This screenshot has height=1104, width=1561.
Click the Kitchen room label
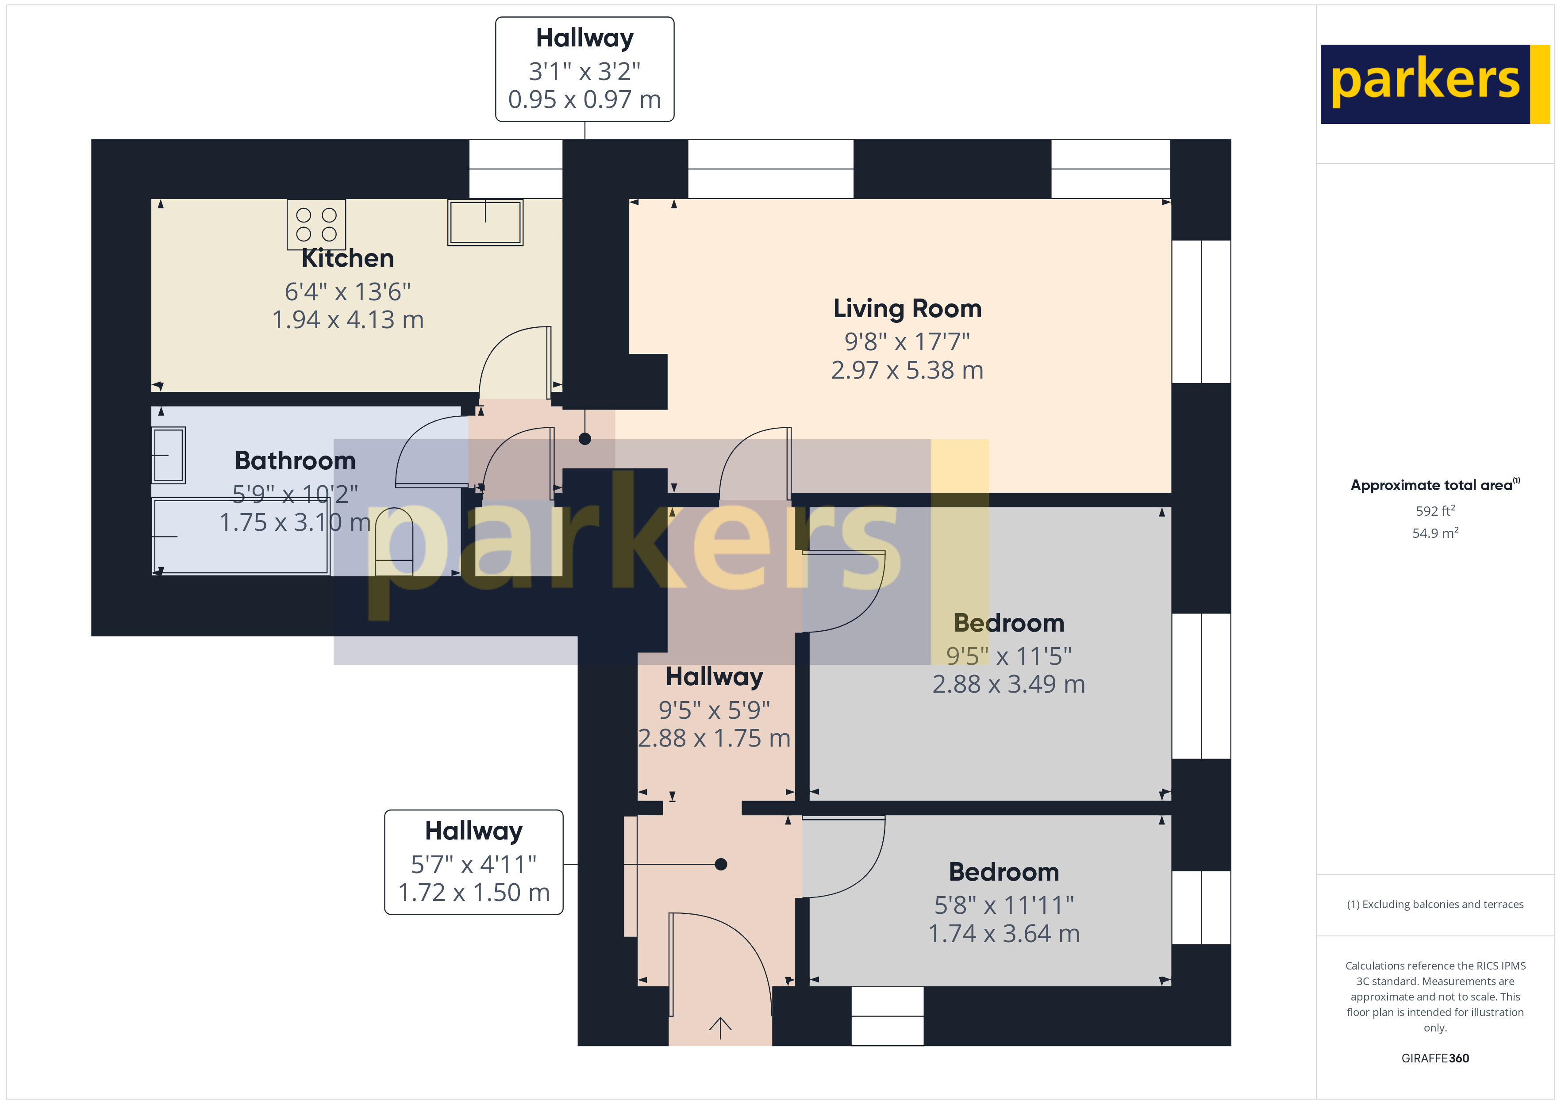pos(347,258)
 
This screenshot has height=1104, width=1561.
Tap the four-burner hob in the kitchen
pos(316,224)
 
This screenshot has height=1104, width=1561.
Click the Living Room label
pos(907,309)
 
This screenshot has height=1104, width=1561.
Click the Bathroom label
pos(295,461)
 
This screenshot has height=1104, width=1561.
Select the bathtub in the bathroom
pos(241,537)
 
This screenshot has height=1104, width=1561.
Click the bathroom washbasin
pos(169,455)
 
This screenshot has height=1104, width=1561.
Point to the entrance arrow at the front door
pos(720,1027)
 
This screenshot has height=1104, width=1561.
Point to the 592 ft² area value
pos(1435,510)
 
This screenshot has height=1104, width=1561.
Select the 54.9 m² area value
pos(1435,533)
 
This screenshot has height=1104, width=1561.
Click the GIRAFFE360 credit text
pos(1435,1058)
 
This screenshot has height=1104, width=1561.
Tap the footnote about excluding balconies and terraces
pos(1435,904)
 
